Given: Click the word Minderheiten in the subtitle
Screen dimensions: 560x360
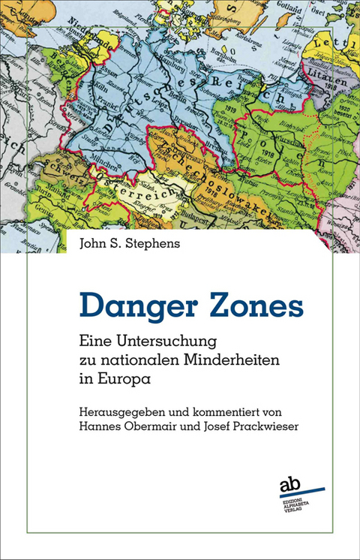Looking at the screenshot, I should tap(213, 360).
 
